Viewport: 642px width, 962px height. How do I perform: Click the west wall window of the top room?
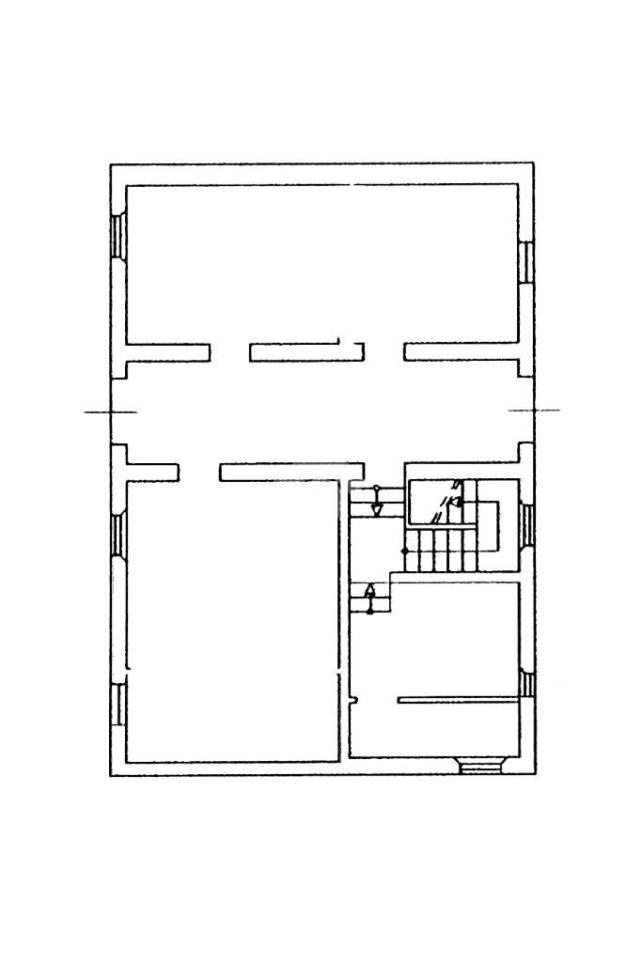click(x=118, y=235)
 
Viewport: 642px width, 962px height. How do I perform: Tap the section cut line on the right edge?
click(x=534, y=411)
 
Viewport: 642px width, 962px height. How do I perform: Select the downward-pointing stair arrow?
click(x=377, y=508)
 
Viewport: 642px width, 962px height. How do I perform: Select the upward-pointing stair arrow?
click(x=370, y=591)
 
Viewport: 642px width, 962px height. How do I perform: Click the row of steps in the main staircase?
click(x=441, y=550)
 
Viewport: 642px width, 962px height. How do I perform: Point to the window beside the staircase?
click(x=526, y=524)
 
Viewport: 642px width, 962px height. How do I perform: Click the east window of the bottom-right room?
click(x=526, y=685)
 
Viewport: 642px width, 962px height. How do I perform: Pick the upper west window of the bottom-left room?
click(x=118, y=535)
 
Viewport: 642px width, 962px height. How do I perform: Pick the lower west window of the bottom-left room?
click(x=118, y=704)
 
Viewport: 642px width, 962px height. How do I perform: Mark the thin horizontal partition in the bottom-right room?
click(x=459, y=700)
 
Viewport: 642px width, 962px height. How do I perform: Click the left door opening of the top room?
click(x=228, y=352)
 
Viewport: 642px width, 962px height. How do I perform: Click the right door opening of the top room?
click(x=384, y=352)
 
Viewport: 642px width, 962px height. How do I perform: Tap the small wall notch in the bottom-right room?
click(x=356, y=699)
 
